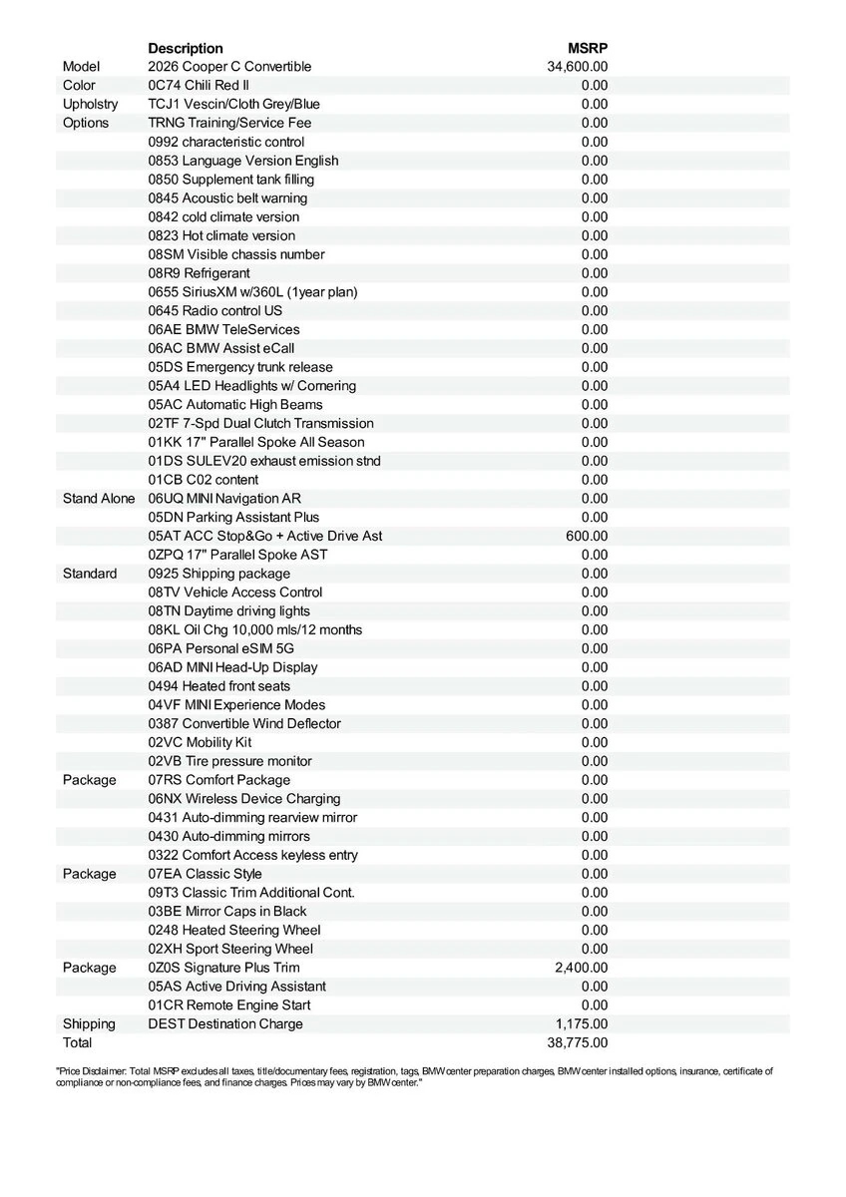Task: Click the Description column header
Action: pos(186,48)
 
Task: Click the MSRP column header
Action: pos(588,48)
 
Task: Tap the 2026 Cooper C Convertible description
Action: pos(229,67)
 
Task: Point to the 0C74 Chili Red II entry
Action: pos(199,86)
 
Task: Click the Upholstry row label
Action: pos(90,104)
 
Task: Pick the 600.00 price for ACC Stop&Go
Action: pos(588,536)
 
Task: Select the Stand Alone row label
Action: pos(99,498)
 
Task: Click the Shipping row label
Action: pos(89,1023)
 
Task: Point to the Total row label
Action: pos(77,1042)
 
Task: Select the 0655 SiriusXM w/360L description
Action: pos(252,292)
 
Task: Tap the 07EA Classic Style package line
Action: pos(205,874)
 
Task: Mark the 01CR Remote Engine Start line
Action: pos(229,1004)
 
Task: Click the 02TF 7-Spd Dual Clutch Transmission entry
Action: pos(260,423)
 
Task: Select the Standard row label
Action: pos(90,574)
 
